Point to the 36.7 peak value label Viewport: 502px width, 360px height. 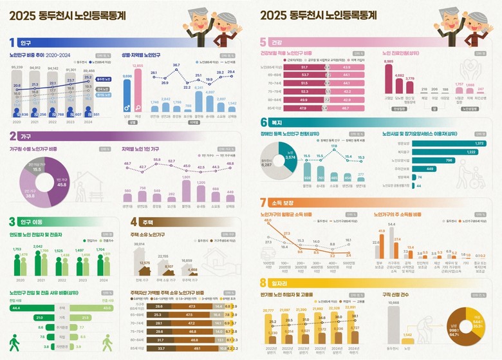click(x=176, y=66)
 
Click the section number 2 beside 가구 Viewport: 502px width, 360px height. click(x=13, y=136)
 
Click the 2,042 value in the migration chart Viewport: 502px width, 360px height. click(x=38, y=247)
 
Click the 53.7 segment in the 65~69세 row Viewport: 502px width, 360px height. click(x=304, y=75)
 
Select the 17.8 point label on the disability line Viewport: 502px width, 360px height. click(x=333, y=146)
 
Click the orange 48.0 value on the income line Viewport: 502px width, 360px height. click(x=267, y=221)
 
